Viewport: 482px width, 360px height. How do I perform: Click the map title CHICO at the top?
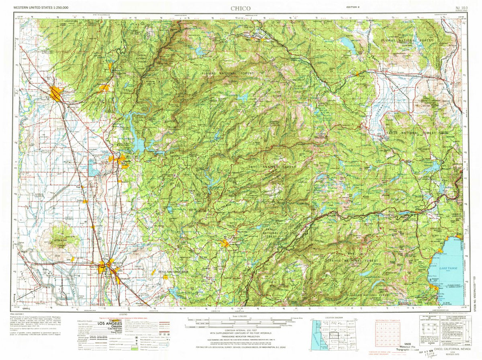[x=240, y=8]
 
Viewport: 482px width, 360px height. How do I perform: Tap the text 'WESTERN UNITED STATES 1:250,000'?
[x=41, y=8]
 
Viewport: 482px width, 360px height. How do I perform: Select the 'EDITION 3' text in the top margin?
[x=353, y=7]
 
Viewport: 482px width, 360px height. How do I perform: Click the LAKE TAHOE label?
[x=449, y=268]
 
